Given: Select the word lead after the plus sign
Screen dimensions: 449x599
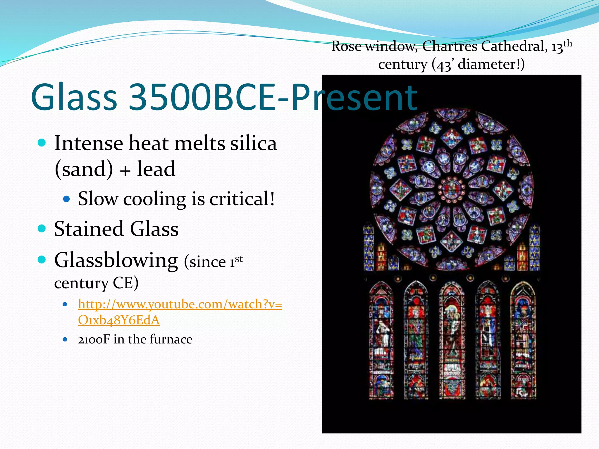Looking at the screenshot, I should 156,169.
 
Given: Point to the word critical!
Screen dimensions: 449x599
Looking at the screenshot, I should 242,199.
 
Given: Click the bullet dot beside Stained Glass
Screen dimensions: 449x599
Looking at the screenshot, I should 42,228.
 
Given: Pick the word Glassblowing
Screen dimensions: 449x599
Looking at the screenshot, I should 116,260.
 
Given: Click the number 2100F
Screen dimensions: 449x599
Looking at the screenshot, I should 94,339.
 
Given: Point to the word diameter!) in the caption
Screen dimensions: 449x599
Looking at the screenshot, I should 491,64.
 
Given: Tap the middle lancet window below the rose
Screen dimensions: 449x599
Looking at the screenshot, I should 452,341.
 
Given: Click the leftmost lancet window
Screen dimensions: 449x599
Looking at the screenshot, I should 381,341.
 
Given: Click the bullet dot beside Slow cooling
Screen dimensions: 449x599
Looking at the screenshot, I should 67,199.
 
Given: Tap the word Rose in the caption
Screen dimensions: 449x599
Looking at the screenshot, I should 346,46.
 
